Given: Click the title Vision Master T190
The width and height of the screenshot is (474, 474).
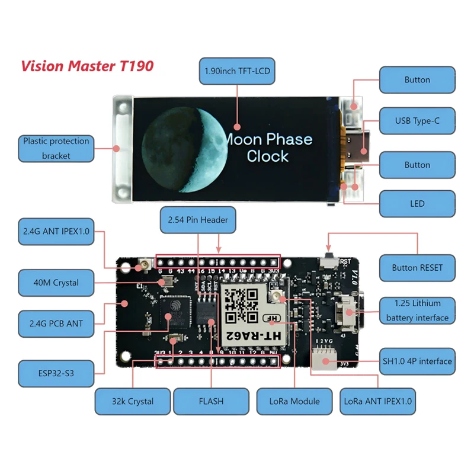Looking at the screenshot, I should pos(87,65).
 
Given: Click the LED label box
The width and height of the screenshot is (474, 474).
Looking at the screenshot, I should pos(417,204).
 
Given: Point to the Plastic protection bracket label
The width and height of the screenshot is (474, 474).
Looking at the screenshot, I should pos(56,148).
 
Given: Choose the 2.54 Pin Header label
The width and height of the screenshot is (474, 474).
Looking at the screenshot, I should pos(198,220).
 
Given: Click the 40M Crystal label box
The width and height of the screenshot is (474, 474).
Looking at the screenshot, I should pos(56,283).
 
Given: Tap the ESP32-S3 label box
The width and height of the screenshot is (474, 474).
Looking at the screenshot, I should pos(56,374).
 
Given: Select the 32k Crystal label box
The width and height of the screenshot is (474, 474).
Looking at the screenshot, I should pos(133,402).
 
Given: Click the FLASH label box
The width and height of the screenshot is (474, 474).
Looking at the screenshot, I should pos(211,402).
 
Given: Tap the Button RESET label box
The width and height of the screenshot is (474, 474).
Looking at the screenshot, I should pos(417,268).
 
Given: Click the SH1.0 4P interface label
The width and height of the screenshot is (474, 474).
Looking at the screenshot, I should pos(417,361).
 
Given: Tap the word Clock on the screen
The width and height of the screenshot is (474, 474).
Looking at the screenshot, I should pos(268,156).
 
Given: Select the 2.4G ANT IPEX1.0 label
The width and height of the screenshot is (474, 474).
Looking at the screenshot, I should pos(56,232).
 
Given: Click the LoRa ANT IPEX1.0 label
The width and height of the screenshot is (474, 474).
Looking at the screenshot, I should pos(378,402).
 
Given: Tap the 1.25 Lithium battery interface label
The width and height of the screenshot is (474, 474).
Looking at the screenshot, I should pos(417,310).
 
